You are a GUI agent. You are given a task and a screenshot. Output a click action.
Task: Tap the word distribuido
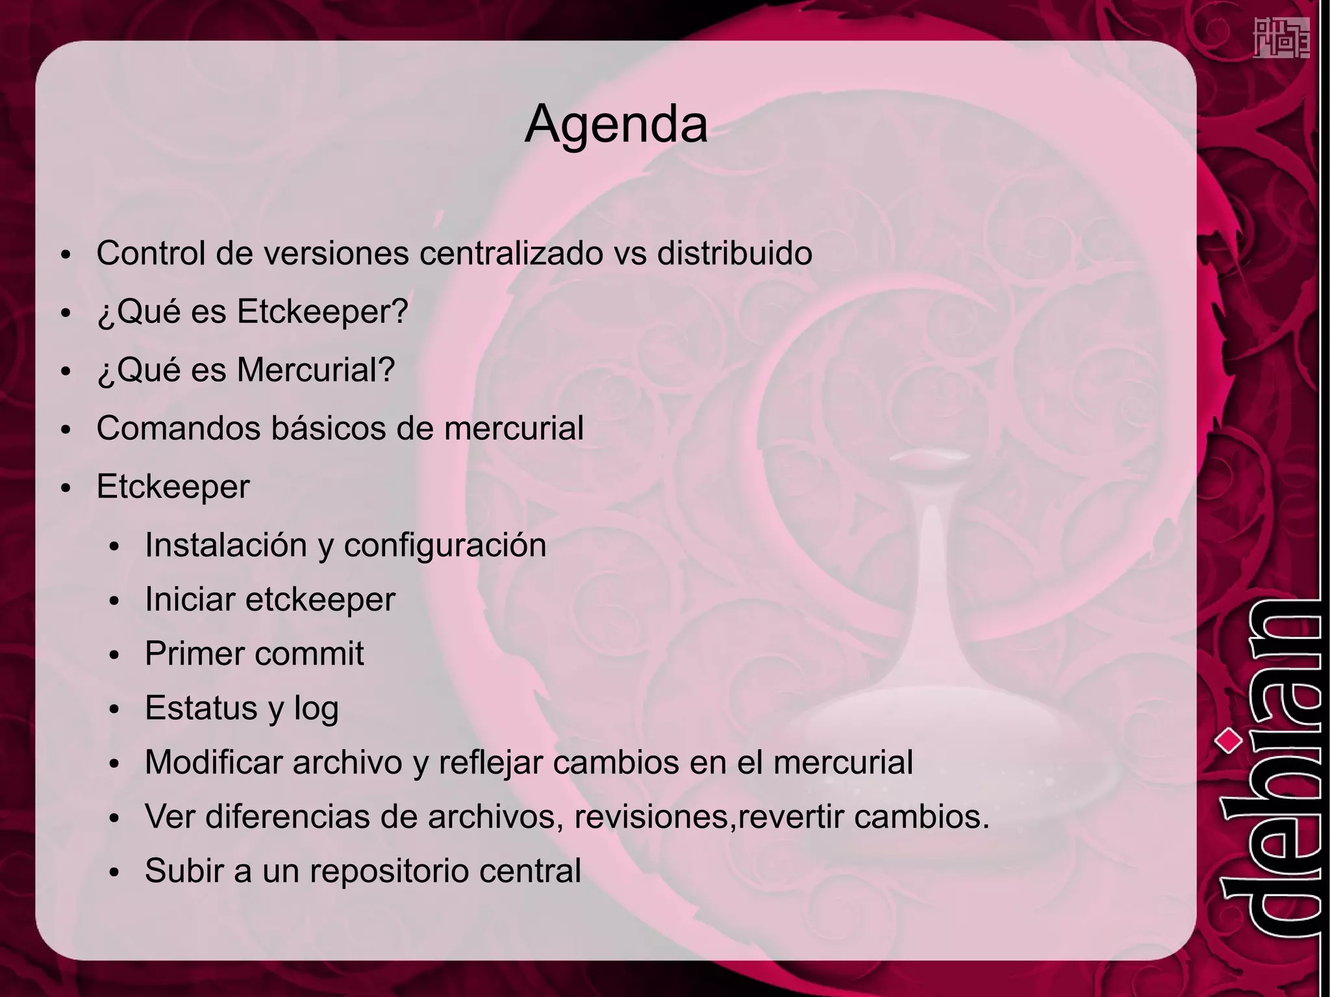coord(734,253)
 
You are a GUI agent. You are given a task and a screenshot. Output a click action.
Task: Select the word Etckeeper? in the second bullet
coord(322,311)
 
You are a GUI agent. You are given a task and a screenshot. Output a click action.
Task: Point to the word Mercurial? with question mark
coord(316,370)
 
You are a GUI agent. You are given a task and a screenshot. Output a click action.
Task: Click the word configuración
coord(445,546)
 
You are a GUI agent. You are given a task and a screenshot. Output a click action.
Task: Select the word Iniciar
coord(190,599)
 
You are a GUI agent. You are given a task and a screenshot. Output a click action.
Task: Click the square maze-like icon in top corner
coord(1281,38)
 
